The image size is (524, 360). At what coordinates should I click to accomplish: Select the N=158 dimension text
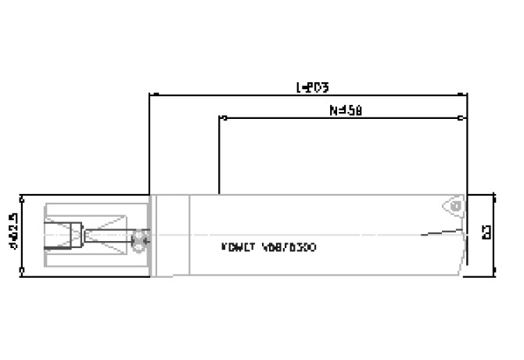click(x=343, y=111)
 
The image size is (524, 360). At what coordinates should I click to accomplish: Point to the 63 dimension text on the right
click(x=486, y=232)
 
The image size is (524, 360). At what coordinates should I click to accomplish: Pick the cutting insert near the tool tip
click(x=453, y=207)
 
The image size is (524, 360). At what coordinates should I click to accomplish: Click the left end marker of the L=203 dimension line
click(x=150, y=95)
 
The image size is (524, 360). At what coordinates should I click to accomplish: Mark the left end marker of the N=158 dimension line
click(x=221, y=119)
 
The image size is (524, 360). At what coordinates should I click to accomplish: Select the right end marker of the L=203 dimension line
click(x=467, y=95)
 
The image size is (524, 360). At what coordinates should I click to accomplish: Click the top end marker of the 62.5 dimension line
click(x=21, y=195)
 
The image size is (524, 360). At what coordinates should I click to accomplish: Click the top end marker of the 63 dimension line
click(x=494, y=193)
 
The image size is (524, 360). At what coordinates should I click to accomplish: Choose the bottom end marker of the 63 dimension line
click(x=494, y=275)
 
